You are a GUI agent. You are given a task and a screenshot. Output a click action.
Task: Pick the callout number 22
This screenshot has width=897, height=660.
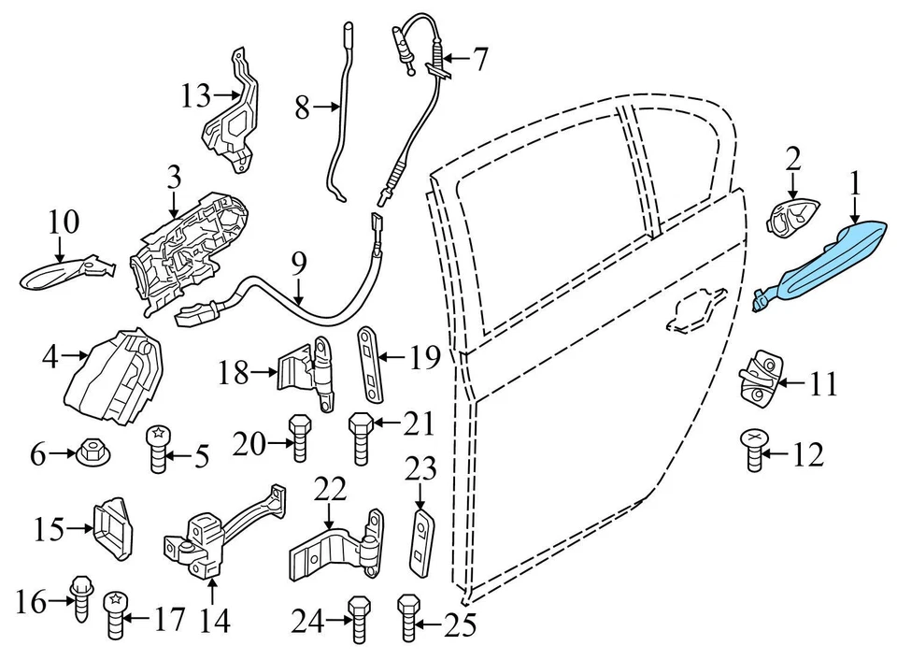330,487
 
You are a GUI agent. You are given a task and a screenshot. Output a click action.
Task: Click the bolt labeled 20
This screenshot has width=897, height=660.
299,438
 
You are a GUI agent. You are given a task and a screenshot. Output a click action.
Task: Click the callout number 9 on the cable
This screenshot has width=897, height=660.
298,263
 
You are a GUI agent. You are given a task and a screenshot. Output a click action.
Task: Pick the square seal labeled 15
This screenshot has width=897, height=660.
112,527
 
